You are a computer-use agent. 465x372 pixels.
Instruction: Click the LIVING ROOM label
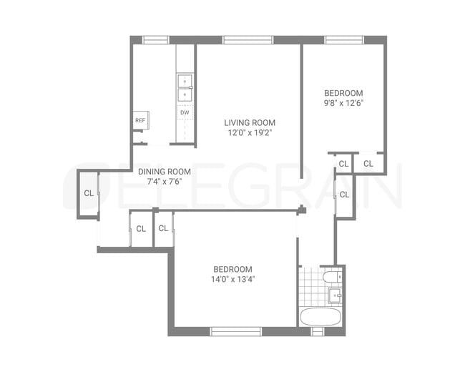point(249,122)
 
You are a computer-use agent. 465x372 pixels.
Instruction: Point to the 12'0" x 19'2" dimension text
point(249,132)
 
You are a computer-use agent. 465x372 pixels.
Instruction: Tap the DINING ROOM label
point(164,171)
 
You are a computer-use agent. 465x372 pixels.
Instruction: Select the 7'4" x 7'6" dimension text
point(164,181)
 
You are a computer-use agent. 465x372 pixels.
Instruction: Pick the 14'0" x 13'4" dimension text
point(232,279)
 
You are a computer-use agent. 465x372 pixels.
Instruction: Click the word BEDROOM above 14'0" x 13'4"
point(232,269)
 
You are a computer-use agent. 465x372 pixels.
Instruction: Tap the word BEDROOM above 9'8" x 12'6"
point(343,93)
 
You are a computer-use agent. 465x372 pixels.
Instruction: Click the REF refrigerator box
point(140,120)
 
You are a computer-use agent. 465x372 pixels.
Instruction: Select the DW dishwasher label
point(185,112)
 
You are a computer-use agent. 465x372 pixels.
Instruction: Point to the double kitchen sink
point(185,87)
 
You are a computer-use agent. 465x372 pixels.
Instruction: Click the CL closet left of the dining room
point(88,193)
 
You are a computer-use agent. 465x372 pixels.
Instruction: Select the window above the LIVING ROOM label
point(243,39)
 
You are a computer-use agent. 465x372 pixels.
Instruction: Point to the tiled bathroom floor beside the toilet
point(310,286)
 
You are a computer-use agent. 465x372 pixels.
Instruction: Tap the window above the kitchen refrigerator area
point(155,39)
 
